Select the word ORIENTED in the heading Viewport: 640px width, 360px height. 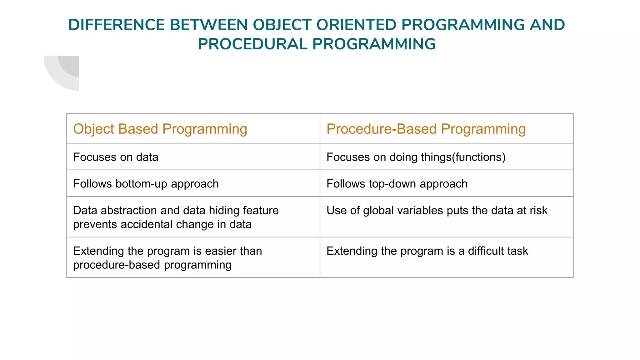356,25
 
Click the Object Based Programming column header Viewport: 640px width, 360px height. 160,129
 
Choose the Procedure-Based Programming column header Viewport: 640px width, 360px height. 426,129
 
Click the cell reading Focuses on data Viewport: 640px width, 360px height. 116,157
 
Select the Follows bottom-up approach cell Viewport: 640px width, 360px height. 146,184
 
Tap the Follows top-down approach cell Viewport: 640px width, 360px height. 397,184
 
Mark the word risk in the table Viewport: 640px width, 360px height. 538,211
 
